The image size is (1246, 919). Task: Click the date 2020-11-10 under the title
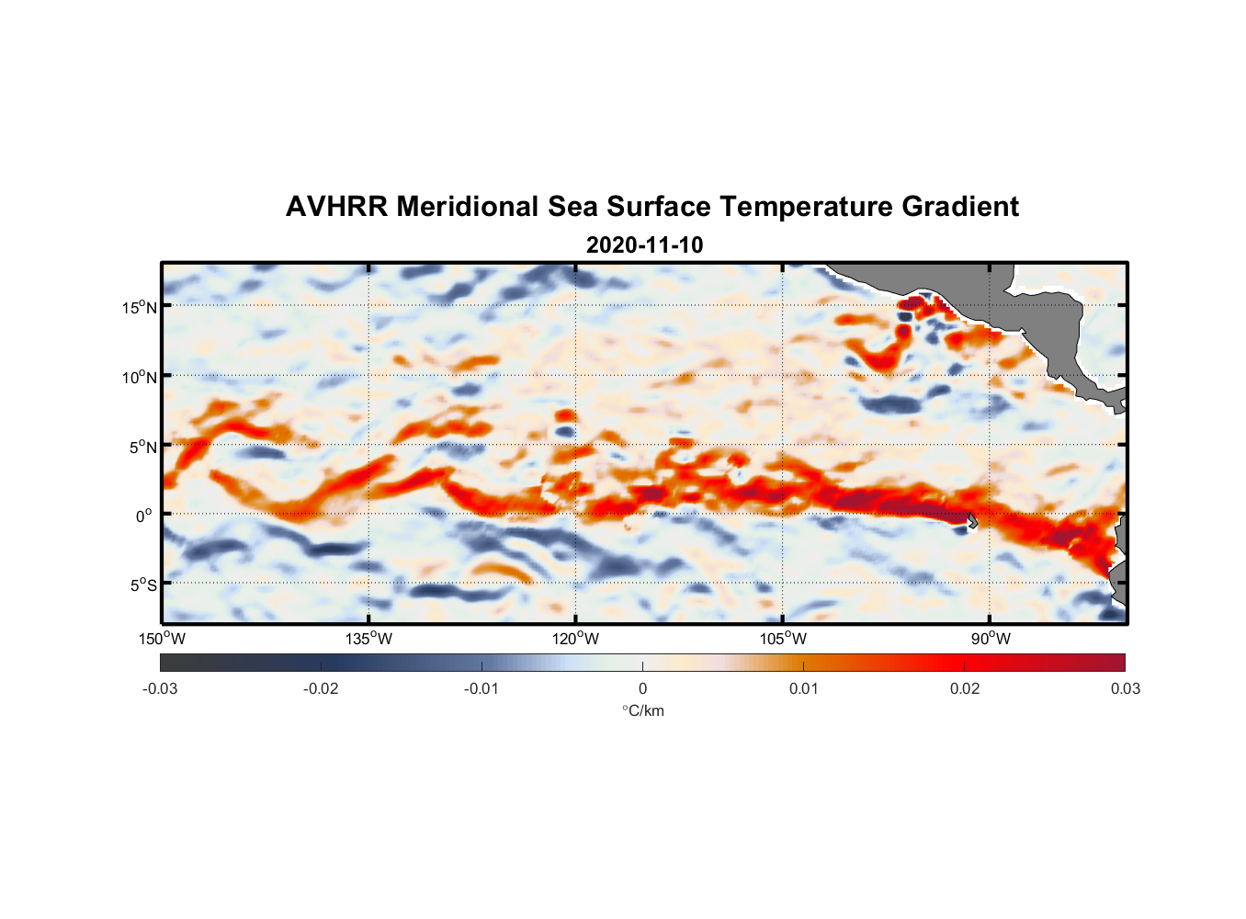(644, 245)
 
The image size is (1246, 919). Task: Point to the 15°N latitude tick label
(140, 307)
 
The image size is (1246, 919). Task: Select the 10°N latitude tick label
(140, 377)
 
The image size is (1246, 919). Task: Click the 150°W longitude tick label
(162, 639)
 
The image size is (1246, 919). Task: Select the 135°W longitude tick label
(368, 639)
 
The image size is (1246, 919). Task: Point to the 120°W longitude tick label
(575, 639)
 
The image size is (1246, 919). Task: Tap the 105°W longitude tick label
(783, 639)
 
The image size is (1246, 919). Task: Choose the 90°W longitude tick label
(991, 639)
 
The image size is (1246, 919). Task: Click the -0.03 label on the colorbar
(160, 688)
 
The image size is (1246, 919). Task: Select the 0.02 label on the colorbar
(965, 688)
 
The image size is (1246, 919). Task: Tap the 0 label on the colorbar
(642, 688)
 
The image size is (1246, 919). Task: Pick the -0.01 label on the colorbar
(481, 688)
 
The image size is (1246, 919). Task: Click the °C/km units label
(642, 710)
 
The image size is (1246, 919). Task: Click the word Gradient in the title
(960, 207)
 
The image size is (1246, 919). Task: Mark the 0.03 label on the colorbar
(1125, 688)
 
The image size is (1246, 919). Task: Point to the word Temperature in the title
(807, 207)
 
